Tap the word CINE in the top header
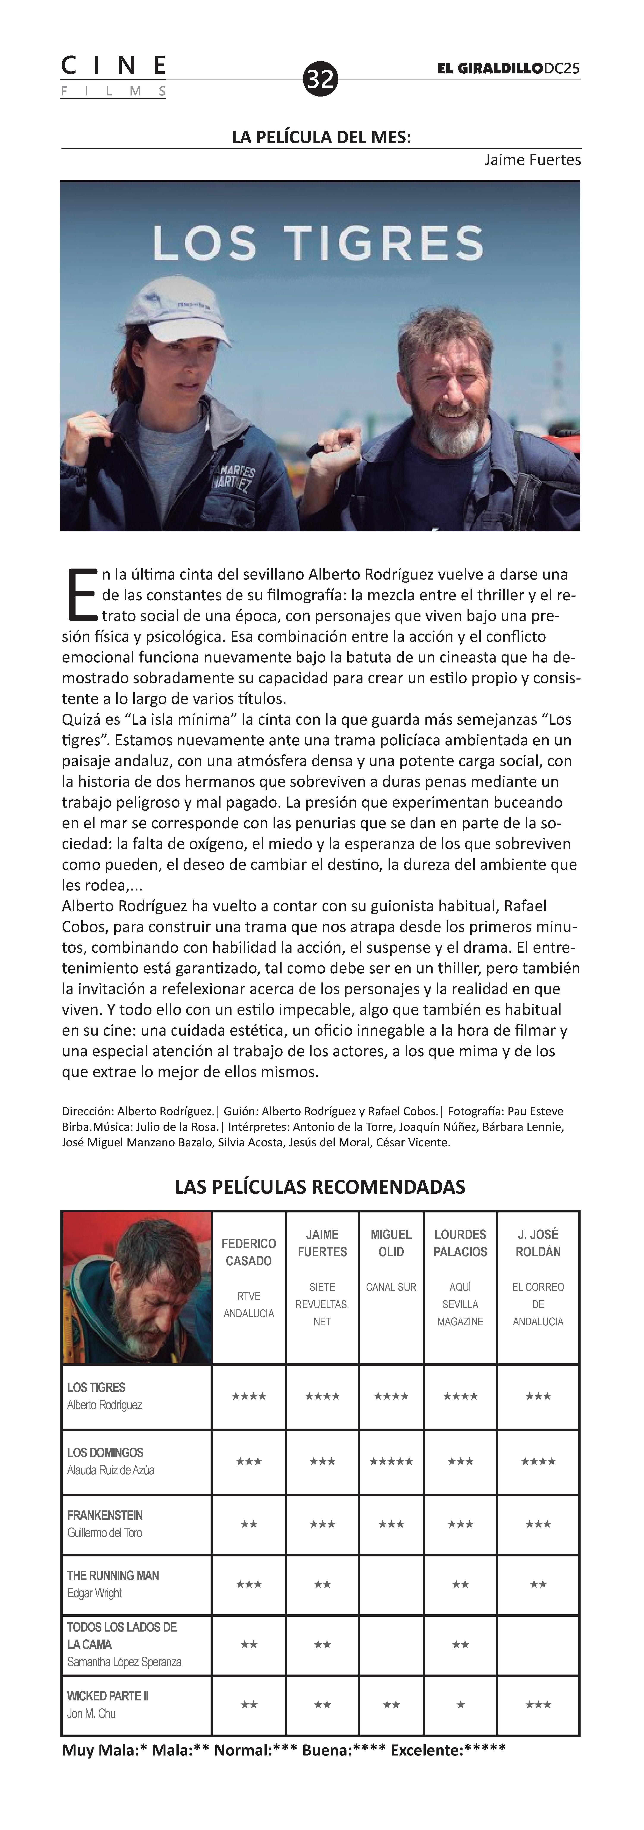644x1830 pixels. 114,66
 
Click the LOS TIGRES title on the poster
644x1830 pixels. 318,243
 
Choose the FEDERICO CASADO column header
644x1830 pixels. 249,1252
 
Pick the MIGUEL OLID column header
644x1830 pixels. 391,1243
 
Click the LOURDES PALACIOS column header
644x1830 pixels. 460,1243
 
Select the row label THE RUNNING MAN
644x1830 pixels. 113,1575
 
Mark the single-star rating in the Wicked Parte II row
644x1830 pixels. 460,1704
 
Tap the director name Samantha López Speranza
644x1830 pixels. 124,1662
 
